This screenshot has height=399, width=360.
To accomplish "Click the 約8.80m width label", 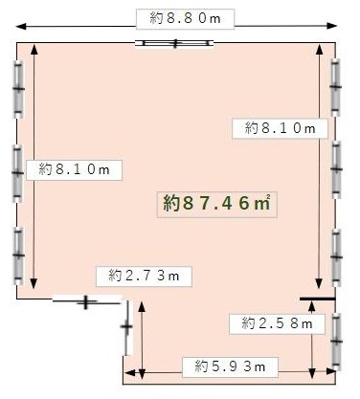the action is (186, 18).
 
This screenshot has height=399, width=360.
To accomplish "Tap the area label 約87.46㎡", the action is (217, 204).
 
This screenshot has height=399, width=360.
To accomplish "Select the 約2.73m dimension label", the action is (144, 277).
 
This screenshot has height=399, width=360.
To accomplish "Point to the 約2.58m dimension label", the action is (277, 324).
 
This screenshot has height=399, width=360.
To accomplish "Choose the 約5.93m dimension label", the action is (230, 367).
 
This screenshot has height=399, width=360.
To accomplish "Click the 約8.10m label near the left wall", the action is (74, 170).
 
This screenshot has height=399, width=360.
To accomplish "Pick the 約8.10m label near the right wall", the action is (280, 128).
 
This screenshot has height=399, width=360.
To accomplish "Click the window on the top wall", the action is (174, 43).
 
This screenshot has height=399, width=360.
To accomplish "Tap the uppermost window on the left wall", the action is (18, 89).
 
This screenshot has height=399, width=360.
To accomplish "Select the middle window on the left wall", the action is (18, 173).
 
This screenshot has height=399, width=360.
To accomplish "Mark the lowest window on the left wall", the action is (18, 255).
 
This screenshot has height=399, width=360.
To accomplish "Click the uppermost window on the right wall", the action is (335, 87).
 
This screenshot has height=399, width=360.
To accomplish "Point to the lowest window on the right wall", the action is (336, 342).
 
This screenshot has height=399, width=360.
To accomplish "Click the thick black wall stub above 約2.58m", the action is (318, 299).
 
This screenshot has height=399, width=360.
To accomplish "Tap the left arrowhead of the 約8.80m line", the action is (21, 26).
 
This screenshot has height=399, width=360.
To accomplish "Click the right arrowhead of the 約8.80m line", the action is (332, 26).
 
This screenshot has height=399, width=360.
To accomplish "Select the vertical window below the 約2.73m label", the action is (127, 327).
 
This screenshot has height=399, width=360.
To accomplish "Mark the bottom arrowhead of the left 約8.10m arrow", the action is (34, 283).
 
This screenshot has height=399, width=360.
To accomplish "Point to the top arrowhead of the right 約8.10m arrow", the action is (319, 51).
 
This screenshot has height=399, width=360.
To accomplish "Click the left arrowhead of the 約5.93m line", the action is (129, 372).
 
